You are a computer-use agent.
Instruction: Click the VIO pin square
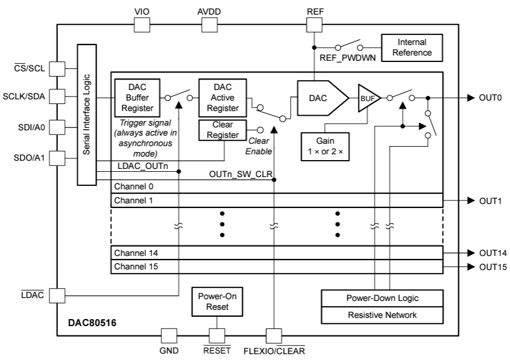142,24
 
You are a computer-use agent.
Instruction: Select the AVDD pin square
209,24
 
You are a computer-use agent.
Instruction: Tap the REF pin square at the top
314,24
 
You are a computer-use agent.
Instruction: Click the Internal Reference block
412,47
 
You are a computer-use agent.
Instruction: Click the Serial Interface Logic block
86,115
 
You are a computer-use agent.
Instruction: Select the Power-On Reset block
216,302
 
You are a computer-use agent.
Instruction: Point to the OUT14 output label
492,253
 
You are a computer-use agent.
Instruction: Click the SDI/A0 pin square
56,127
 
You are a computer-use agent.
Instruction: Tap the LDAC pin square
56,295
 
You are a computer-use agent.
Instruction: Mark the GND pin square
169,336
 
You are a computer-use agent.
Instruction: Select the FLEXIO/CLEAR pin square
274,336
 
